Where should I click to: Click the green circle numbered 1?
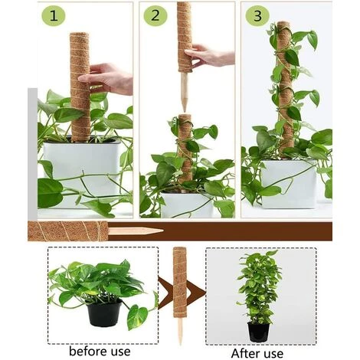pyautogui.click(x=52, y=15)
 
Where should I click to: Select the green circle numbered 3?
pyautogui.click(x=257, y=15)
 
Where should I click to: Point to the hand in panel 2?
pyautogui.click(x=208, y=55)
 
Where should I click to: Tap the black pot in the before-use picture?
pyautogui.click(x=105, y=312)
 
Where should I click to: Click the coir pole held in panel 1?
pyautogui.click(x=80, y=84)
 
